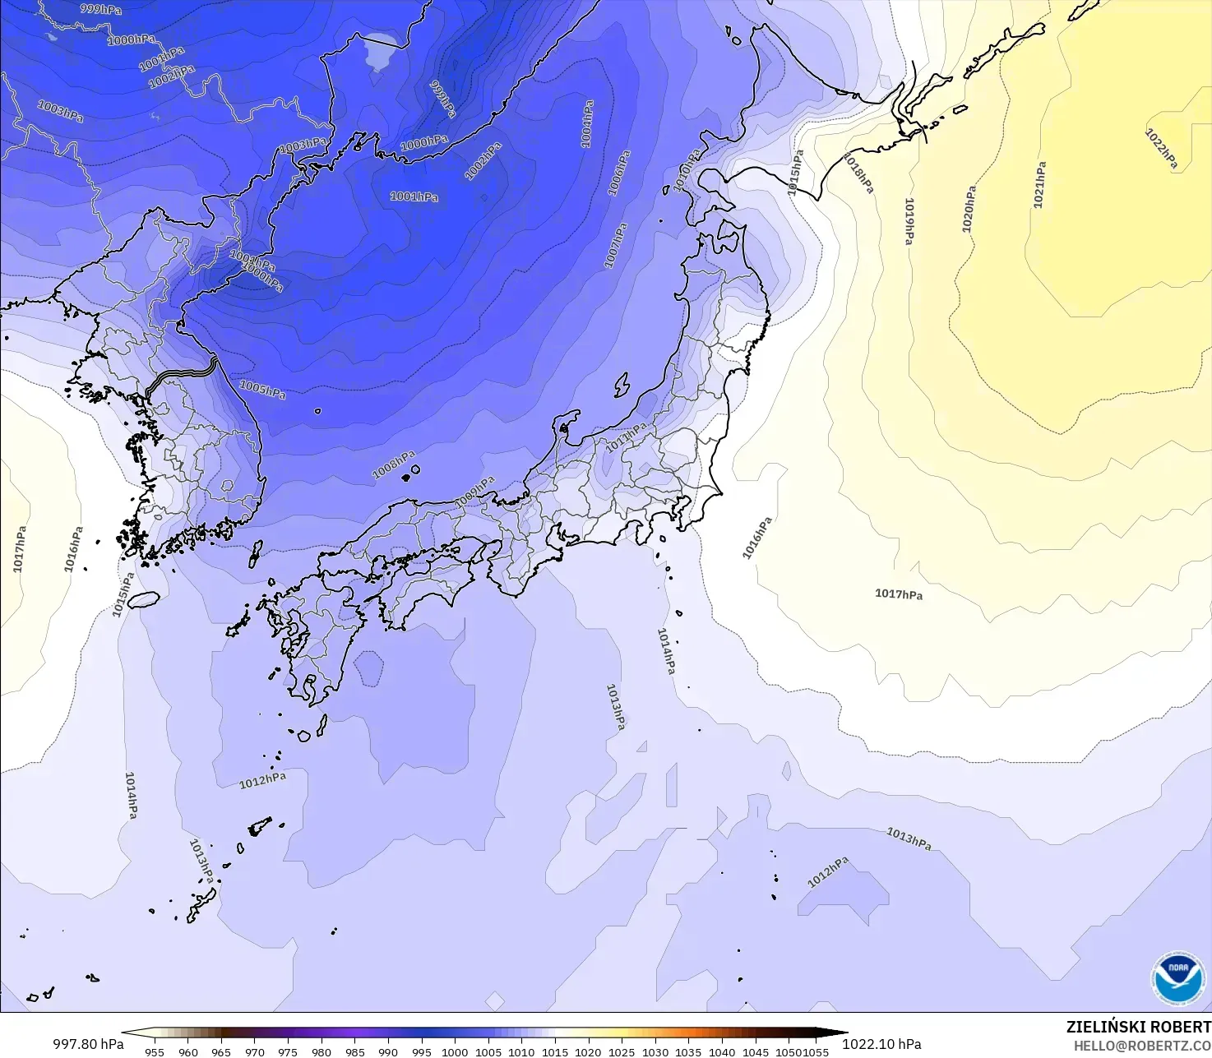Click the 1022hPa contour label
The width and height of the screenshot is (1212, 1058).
coord(1161,149)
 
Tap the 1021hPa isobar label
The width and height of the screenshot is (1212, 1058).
coord(1040,184)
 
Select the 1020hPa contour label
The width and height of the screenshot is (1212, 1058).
coord(969,209)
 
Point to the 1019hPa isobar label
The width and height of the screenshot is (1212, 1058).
coord(909,221)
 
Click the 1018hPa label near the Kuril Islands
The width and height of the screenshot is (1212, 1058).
coord(858,173)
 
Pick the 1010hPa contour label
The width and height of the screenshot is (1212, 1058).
coord(687,170)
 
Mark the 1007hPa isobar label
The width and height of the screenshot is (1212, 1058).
coord(616,245)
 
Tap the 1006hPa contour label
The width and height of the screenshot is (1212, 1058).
coord(619,173)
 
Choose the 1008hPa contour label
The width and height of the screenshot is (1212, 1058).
coord(394,464)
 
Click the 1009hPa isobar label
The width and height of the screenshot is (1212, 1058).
coord(474,492)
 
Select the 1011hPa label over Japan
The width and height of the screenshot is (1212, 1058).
coord(627,438)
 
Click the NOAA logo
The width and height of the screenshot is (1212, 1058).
coord(1177,977)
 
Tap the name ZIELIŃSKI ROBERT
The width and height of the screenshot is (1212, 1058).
coord(1138,1027)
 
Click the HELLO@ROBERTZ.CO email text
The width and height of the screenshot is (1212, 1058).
coord(1142,1046)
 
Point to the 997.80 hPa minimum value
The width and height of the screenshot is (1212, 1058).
coord(88,1044)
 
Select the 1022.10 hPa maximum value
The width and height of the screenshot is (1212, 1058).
coord(881,1044)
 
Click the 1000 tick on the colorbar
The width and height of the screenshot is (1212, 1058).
coord(455,1051)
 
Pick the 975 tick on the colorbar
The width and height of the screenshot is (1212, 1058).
coord(288,1051)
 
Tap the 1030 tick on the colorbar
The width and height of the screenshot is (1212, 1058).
coord(655,1051)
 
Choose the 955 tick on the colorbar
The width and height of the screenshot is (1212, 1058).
coord(155,1051)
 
